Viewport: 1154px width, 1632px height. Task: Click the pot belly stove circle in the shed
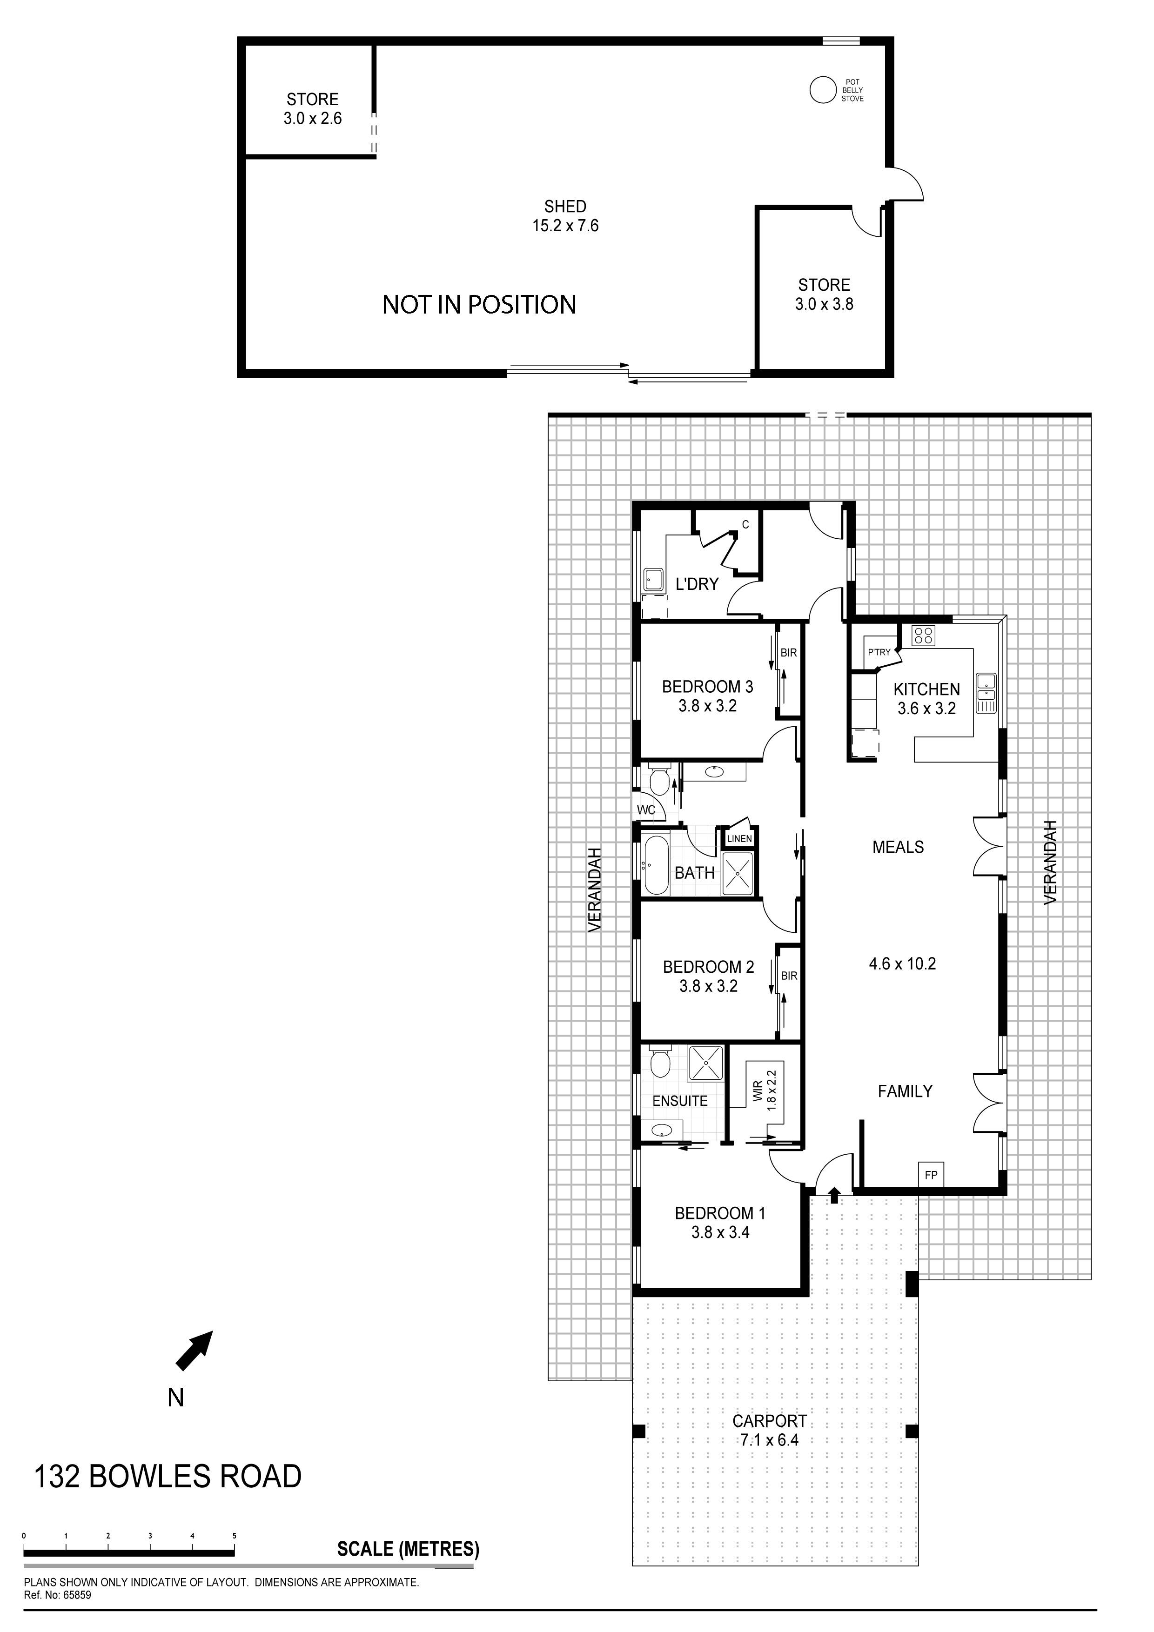[x=822, y=90]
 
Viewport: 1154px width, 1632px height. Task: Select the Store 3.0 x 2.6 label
[x=312, y=109]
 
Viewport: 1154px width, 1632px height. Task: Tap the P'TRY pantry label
[x=879, y=652]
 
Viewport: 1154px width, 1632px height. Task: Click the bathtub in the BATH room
[x=654, y=866]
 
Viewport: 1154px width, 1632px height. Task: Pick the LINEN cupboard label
[x=739, y=839]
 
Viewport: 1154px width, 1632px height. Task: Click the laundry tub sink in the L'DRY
[x=653, y=579]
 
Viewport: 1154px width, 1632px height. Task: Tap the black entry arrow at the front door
[x=834, y=1195]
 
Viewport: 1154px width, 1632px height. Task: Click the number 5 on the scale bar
[x=234, y=1536]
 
